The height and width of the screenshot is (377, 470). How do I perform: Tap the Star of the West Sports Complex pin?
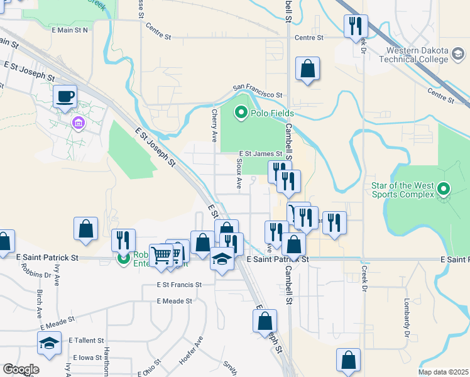(444, 188)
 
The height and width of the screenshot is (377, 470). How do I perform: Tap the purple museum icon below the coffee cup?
(79, 122)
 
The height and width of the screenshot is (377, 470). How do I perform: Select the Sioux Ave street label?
(239, 173)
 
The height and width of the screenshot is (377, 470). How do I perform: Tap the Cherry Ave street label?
(214, 126)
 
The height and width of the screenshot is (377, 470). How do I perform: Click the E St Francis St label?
(179, 285)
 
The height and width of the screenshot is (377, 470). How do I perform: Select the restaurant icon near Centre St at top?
(355, 27)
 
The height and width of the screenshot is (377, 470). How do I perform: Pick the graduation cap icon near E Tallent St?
(49, 344)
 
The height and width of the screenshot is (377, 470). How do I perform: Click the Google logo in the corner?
(21, 369)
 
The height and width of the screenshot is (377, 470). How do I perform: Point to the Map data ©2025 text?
(442, 372)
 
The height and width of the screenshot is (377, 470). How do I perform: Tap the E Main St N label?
(70, 30)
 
